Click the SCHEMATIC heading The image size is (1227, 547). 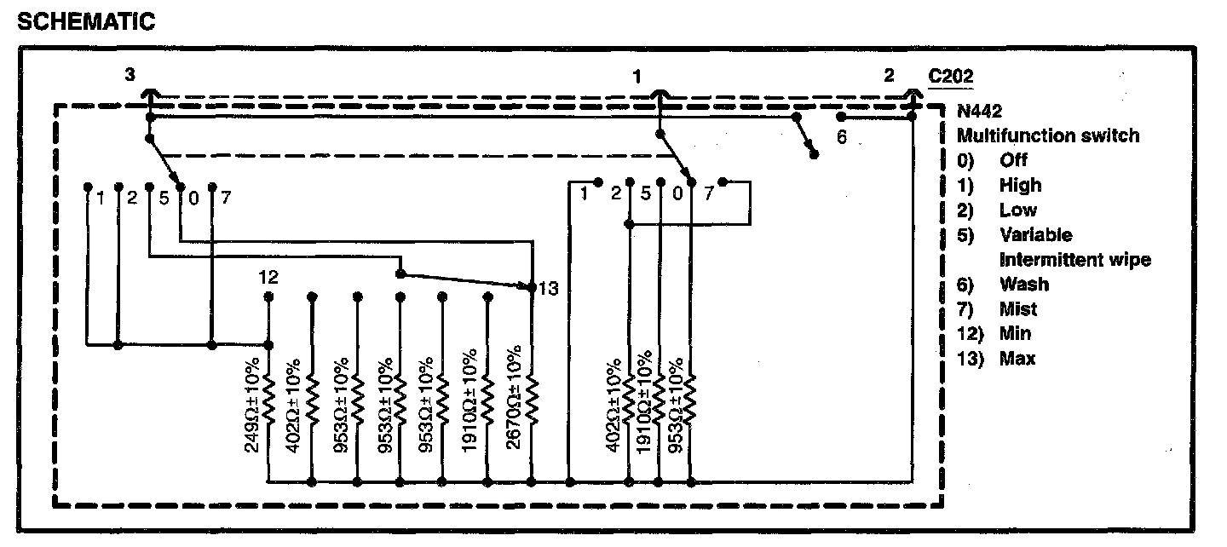pyautogui.click(x=86, y=22)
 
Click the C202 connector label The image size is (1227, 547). pyautogui.click(x=951, y=76)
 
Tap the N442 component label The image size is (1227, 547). pyautogui.click(x=979, y=111)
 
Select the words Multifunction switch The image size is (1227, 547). pyautogui.click(x=1047, y=135)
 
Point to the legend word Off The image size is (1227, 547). pyautogui.click(x=1014, y=160)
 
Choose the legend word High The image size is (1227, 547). pyautogui.click(x=1020, y=185)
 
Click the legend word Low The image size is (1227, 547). pyautogui.click(x=1018, y=210)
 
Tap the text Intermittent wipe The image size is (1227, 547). pyautogui.click(x=1074, y=259)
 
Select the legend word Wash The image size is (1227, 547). pyautogui.click(x=1024, y=284)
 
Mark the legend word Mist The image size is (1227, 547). pyautogui.click(x=1018, y=308)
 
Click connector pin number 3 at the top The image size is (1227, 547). pyautogui.click(x=130, y=76)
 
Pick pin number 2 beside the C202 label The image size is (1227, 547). pyautogui.click(x=889, y=76)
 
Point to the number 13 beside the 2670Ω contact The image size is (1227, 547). pyautogui.click(x=548, y=289)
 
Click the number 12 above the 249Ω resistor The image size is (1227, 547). pyautogui.click(x=268, y=277)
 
